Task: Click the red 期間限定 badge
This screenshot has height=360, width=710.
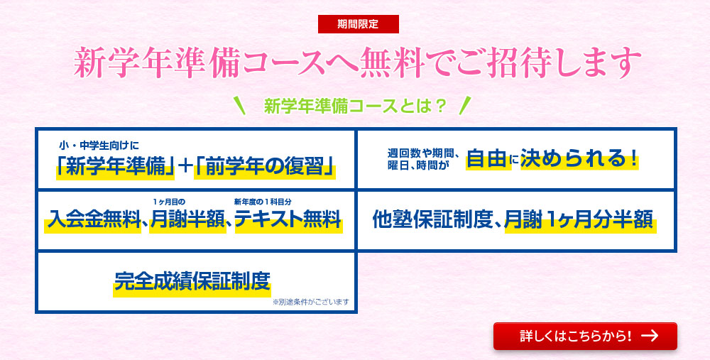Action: click(358, 24)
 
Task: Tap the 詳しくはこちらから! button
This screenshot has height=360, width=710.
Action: click(585, 336)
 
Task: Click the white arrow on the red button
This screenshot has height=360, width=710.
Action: click(650, 336)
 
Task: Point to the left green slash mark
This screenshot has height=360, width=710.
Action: click(240, 106)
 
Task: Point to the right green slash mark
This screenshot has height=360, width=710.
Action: click(464, 106)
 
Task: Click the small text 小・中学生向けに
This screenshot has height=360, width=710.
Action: click(99, 146)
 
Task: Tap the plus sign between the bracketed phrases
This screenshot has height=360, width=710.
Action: click(185, 167)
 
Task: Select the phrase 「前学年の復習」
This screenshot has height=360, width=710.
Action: click(264, 167)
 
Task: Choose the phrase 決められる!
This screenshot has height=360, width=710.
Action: click(579, 158)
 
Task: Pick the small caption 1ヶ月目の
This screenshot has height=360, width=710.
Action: click(169, 202)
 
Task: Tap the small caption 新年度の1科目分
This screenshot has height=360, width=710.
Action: click(263, 202)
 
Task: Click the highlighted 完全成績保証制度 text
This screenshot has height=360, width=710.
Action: click(192, 281)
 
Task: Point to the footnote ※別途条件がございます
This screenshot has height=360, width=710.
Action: click(311, 302)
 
